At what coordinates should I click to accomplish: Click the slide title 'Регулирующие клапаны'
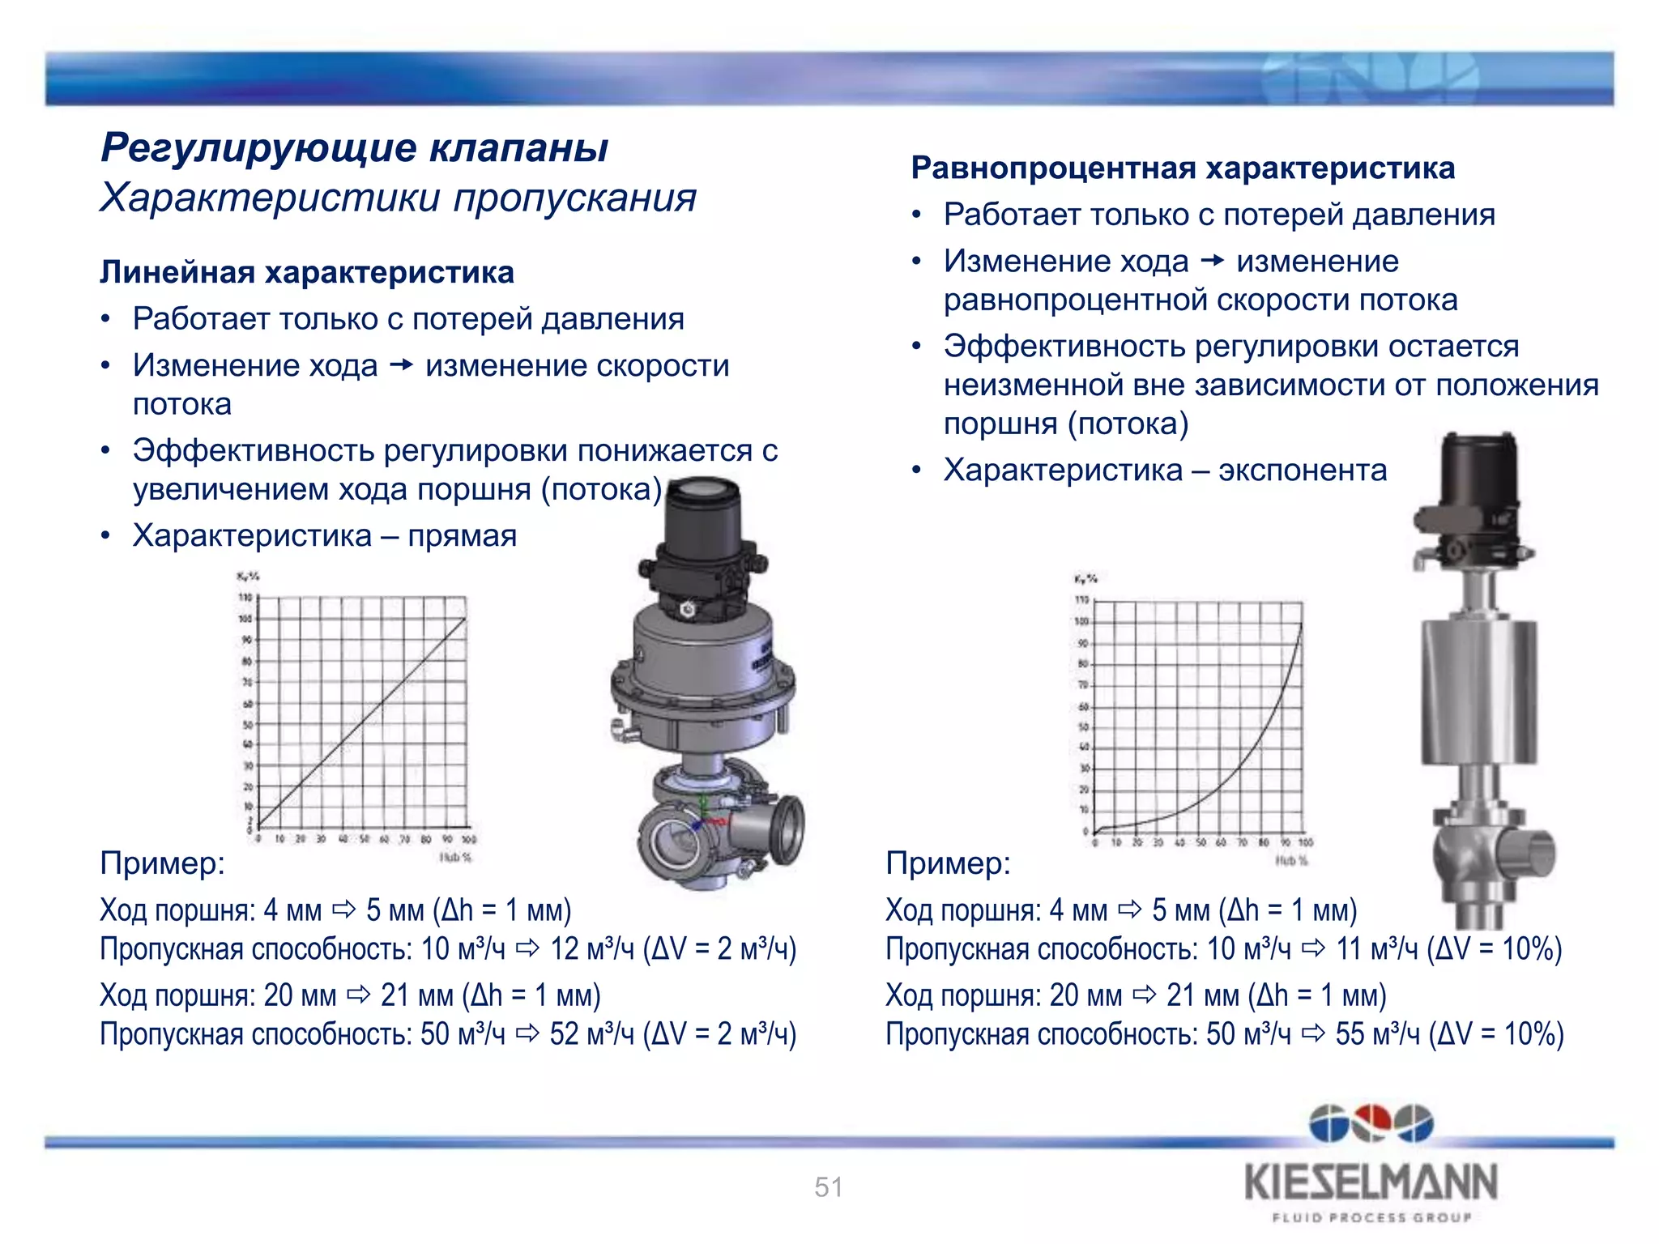tap(355, 147)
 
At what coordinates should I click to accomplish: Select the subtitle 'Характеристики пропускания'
tap(398, 198)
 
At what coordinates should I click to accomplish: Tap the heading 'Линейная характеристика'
tap(307, 273)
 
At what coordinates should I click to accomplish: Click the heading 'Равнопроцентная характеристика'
tap(1183, 168)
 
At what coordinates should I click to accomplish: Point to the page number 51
tap(829, 1187)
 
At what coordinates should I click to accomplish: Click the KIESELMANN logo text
tap(1371, 1182)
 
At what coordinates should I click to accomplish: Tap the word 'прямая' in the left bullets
tap(462, 536)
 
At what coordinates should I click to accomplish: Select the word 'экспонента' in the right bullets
tap(1303, 471)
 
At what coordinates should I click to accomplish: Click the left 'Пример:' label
tap(162, 863)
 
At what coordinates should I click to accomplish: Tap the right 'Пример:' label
tap(948, 863)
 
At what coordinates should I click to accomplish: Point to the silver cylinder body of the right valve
tap(1478, 692)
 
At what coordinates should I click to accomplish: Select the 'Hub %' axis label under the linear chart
tap(455, 857)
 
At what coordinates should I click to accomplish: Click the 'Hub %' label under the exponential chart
tap(1291, 860)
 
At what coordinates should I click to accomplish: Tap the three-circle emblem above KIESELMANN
tap(1371, 1123)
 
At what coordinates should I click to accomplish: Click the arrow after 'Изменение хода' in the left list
tap(401, 366)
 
